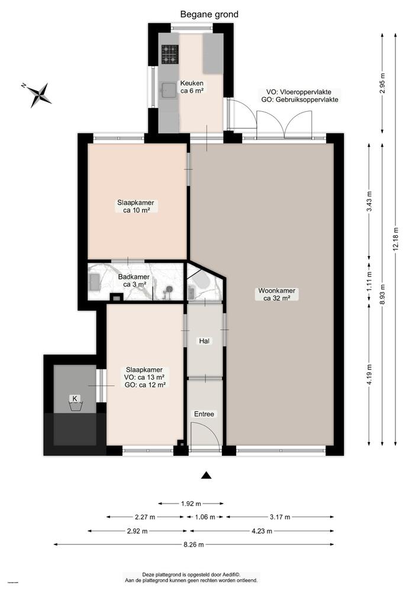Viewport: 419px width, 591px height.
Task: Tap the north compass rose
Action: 38,93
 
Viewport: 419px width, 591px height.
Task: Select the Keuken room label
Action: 192,87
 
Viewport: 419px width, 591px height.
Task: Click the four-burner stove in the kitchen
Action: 169,54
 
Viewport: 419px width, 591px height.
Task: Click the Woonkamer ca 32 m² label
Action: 276,294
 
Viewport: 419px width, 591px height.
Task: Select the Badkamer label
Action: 133,280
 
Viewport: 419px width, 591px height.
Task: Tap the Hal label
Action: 204,341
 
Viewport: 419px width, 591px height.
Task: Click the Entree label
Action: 204,414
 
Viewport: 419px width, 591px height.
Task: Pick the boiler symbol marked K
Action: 75,401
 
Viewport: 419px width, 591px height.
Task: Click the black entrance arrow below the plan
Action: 206,475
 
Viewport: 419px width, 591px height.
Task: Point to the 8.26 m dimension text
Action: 192,544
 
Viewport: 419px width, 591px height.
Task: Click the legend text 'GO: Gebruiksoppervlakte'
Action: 299,100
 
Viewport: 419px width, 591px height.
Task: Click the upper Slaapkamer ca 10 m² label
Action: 137,206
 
